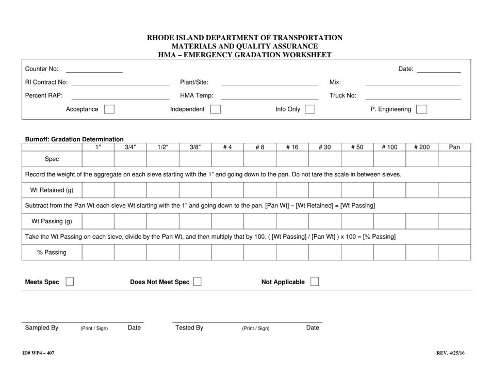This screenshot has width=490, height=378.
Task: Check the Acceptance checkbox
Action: (x=109, y=109)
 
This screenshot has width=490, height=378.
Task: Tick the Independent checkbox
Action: (x=216, y=109)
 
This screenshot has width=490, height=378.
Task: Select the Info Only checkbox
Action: (x=310, y=109)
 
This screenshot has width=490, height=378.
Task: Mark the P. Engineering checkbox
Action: (x=421, y=109)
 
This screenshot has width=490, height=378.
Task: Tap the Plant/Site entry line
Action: (x=269, y=83)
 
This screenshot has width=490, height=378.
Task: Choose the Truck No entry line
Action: (x=413, y=96)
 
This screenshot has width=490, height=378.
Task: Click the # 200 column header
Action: (x=421, y=147)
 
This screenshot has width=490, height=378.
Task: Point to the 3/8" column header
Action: (x=195, y=147)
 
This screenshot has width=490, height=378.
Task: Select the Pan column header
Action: (x=454, y=147)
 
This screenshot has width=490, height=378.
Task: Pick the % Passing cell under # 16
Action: (x=292, y=252)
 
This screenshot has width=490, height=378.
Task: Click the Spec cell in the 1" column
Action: (x=98, y=159)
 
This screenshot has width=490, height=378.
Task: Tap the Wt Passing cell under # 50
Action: (x=357, y=221)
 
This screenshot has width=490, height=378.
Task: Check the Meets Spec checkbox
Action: (x=69, y=282)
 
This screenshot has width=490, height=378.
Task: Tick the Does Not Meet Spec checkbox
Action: (x=197, y=282)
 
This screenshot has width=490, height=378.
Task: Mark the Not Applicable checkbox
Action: (x=315, y=282)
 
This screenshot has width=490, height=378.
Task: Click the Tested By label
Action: (x=189, y=327)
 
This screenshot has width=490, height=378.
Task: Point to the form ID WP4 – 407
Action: (x=39, y=353)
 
